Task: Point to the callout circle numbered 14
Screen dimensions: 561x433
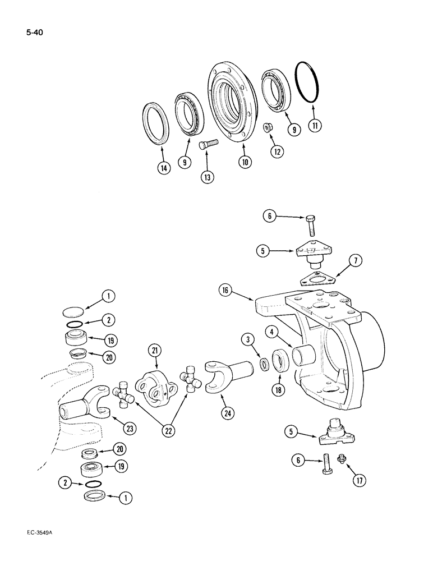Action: tap(163, 167)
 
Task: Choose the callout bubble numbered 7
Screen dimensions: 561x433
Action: tap(356, 260)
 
